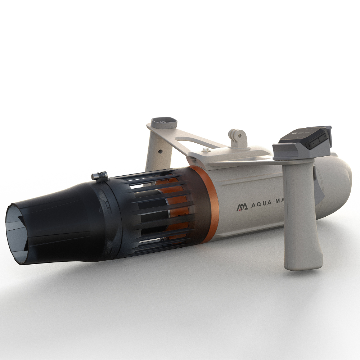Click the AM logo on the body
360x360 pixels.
tap(242, 208)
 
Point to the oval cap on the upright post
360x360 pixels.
tap(164, 122)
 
